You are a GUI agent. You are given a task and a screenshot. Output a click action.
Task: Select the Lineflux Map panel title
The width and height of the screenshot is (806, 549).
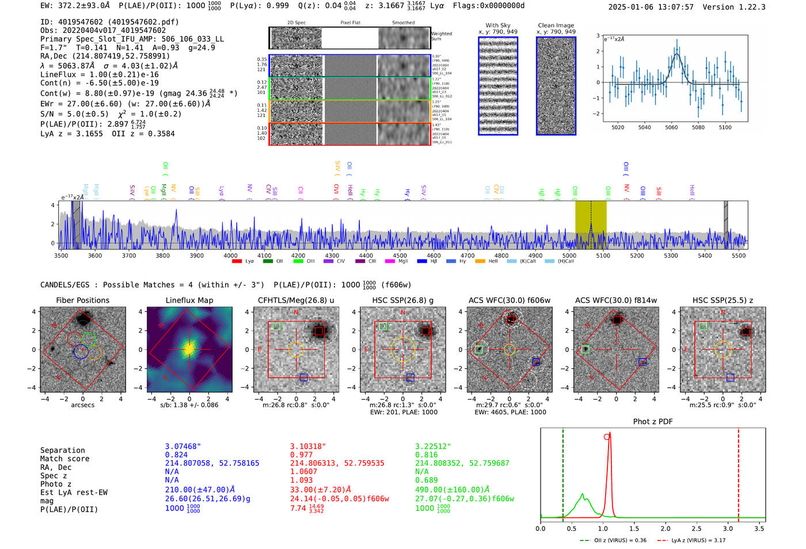pyautogui.click(x=189, y=300)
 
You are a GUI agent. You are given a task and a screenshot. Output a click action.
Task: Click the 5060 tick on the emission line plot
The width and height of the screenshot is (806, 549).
pyautogui.click(x=671, y=127)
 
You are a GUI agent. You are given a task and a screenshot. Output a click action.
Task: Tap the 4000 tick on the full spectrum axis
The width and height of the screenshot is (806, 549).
pyautogui.click(x=230, y=256)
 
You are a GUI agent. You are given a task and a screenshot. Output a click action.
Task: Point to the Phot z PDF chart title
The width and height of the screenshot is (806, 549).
pyautogui.click(x=652, y=422)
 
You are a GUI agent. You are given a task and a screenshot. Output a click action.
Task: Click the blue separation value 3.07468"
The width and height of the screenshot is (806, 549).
pyautogui.click(x=183, y=446)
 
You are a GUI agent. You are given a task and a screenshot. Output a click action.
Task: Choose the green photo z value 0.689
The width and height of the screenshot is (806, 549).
pyautogui.click(x=427, y=480)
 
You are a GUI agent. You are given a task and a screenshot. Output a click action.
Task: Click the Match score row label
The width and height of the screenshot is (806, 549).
pyautogui.click(x=64, y=459)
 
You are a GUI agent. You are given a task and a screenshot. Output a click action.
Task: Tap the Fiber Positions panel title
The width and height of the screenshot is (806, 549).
pyautogui.click(x=82, y=300)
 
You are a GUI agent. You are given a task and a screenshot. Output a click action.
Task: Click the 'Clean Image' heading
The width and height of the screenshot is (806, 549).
pyautogui.click(x=556, y=25)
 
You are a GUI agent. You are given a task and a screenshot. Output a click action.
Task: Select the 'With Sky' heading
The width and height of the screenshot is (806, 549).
pyautogui.click(x=497, y=25)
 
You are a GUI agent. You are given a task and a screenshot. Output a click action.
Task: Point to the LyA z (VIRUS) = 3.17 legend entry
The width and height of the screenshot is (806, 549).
pyautogui.click(x=698, y=540)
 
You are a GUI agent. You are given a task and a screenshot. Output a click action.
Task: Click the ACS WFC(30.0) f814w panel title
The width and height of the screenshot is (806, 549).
pyautogui.click(x=615, y=300)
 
